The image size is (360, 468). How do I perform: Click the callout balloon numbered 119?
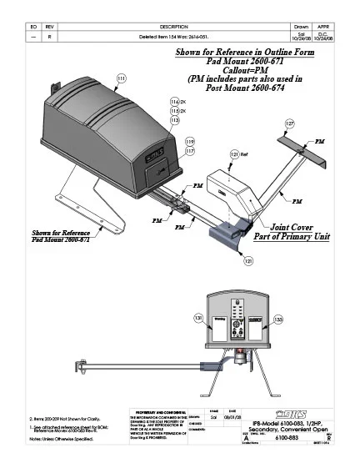click(189, 141)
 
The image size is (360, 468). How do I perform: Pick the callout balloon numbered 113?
click(175, 120)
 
